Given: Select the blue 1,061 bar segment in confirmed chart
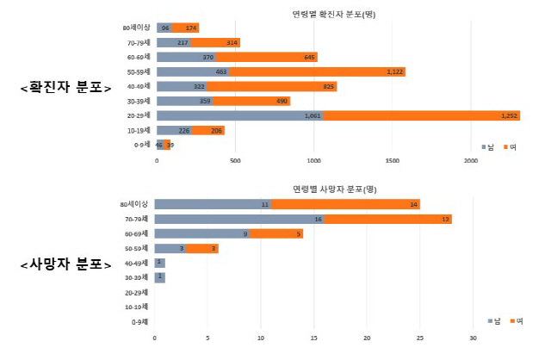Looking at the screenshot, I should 239,115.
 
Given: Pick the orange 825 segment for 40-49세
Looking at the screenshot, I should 271,86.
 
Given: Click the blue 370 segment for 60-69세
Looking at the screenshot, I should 186,57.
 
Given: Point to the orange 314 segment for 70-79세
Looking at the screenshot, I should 215,42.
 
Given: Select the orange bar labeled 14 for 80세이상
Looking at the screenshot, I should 371,204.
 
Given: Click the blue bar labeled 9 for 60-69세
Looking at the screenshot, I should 201,233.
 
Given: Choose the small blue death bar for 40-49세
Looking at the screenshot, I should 160,263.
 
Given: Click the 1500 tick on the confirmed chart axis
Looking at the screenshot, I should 393,161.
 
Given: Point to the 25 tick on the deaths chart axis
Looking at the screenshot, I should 420,338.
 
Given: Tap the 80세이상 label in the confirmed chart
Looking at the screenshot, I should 137,28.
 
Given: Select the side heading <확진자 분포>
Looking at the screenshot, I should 65,87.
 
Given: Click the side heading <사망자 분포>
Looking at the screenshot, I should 65,264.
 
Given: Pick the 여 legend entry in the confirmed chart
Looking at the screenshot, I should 509,146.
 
